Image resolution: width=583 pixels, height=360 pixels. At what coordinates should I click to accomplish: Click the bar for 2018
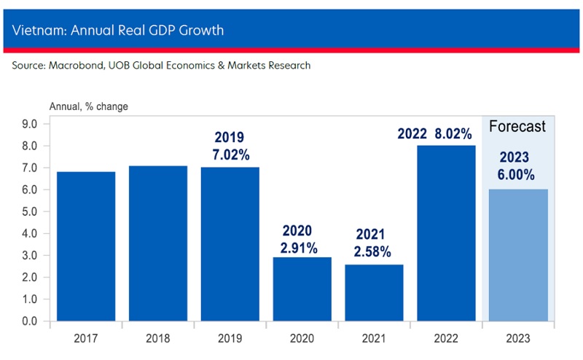click(x=158, y=243)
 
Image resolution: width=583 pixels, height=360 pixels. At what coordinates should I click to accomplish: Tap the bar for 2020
click(x=302, y=289)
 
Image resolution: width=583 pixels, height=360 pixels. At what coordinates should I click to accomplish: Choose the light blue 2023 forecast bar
click(x=517, y=255)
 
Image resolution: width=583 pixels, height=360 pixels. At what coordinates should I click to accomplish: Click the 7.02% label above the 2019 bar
click(x=230, y=154)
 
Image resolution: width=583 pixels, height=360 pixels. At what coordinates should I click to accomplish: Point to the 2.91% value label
click(x=299, y=248)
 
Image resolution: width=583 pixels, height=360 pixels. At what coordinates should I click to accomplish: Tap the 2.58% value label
click(x=373, y=252)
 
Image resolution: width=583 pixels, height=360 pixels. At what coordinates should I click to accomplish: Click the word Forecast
click(x=517, y=127)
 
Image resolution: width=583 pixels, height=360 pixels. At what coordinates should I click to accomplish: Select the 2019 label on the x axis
click(x=230, y=339)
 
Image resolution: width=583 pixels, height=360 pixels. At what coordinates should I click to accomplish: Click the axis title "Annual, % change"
click(x=88, y=106)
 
